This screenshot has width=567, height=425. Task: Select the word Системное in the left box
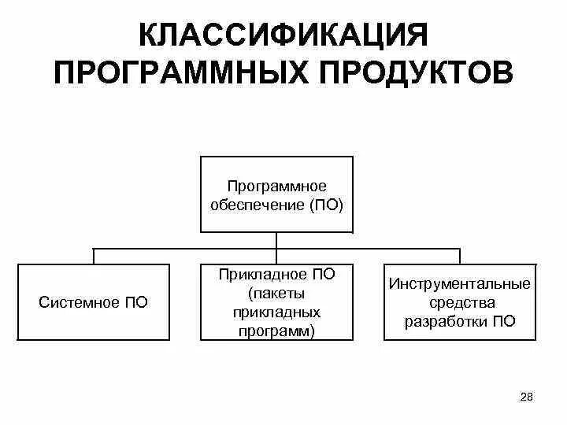[77, 302]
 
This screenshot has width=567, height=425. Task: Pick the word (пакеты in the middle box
[276, 293]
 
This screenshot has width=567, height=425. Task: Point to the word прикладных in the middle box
[276, 312]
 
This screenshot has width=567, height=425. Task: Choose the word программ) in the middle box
[276, 331]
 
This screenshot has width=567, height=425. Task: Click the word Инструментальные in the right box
[460, 283]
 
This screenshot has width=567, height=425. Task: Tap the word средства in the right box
[460, 302]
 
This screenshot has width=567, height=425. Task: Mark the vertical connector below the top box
[276, 240]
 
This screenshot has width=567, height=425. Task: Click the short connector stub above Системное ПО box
[94, 255]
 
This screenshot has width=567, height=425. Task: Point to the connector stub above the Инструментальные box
[460, 255]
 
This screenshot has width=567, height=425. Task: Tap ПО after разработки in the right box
[505, 321]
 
